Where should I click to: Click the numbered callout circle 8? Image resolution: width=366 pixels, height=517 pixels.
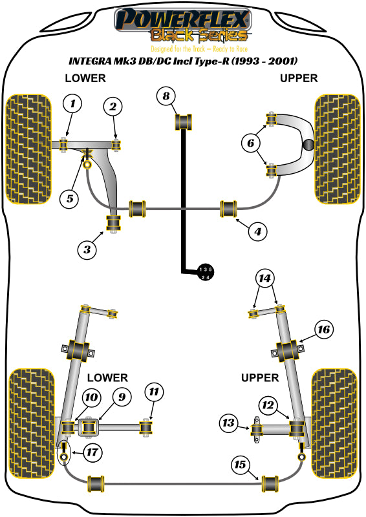[166, 96]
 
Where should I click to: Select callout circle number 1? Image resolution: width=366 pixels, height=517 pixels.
[72, 104]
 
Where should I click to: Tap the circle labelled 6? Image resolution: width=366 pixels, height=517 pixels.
[251, 143]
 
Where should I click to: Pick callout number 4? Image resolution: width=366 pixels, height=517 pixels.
[258, 231]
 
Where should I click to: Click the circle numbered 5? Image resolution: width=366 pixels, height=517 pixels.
[70, 199]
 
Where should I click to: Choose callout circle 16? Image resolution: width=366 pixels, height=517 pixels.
[324, 329]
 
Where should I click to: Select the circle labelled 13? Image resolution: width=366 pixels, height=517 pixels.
[228, 423]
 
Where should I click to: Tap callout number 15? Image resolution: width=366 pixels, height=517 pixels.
[240, 465]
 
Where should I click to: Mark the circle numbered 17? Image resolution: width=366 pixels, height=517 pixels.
[92, 452]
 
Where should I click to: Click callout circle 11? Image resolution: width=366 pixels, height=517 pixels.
[154, 392]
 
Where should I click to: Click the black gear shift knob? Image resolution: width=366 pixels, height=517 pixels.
[205, 273]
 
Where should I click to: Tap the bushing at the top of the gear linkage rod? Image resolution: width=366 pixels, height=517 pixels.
[183, 121]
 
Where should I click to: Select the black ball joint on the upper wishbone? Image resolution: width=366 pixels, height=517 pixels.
[308, 144]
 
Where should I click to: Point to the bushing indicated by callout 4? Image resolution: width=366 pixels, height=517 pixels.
[228, 209]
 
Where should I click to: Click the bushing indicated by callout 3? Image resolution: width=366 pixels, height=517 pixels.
[113, 223]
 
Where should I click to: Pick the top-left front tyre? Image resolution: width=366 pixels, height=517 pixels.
[29, 149]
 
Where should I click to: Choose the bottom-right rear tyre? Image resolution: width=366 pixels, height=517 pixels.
[334, 423]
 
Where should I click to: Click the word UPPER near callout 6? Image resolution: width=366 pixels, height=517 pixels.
[299, 78]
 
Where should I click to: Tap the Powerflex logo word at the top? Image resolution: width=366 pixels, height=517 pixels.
[183, 19]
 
